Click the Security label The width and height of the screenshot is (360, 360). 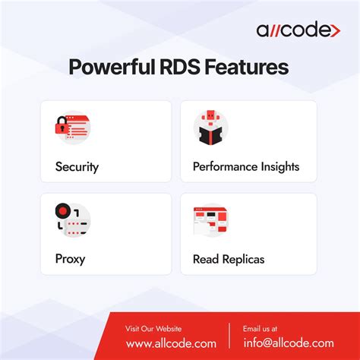click(x=77, y=166)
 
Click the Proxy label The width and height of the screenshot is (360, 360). click(x=70, y=259)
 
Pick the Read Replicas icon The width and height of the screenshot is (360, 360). click(x=211, y=221)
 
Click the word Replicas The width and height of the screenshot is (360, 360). click(x=242, y=259)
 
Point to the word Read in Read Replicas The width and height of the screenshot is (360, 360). click(x=205, y=259)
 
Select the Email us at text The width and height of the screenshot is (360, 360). click(x=260, y=329)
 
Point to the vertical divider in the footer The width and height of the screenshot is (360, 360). click(x=229, y=336)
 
